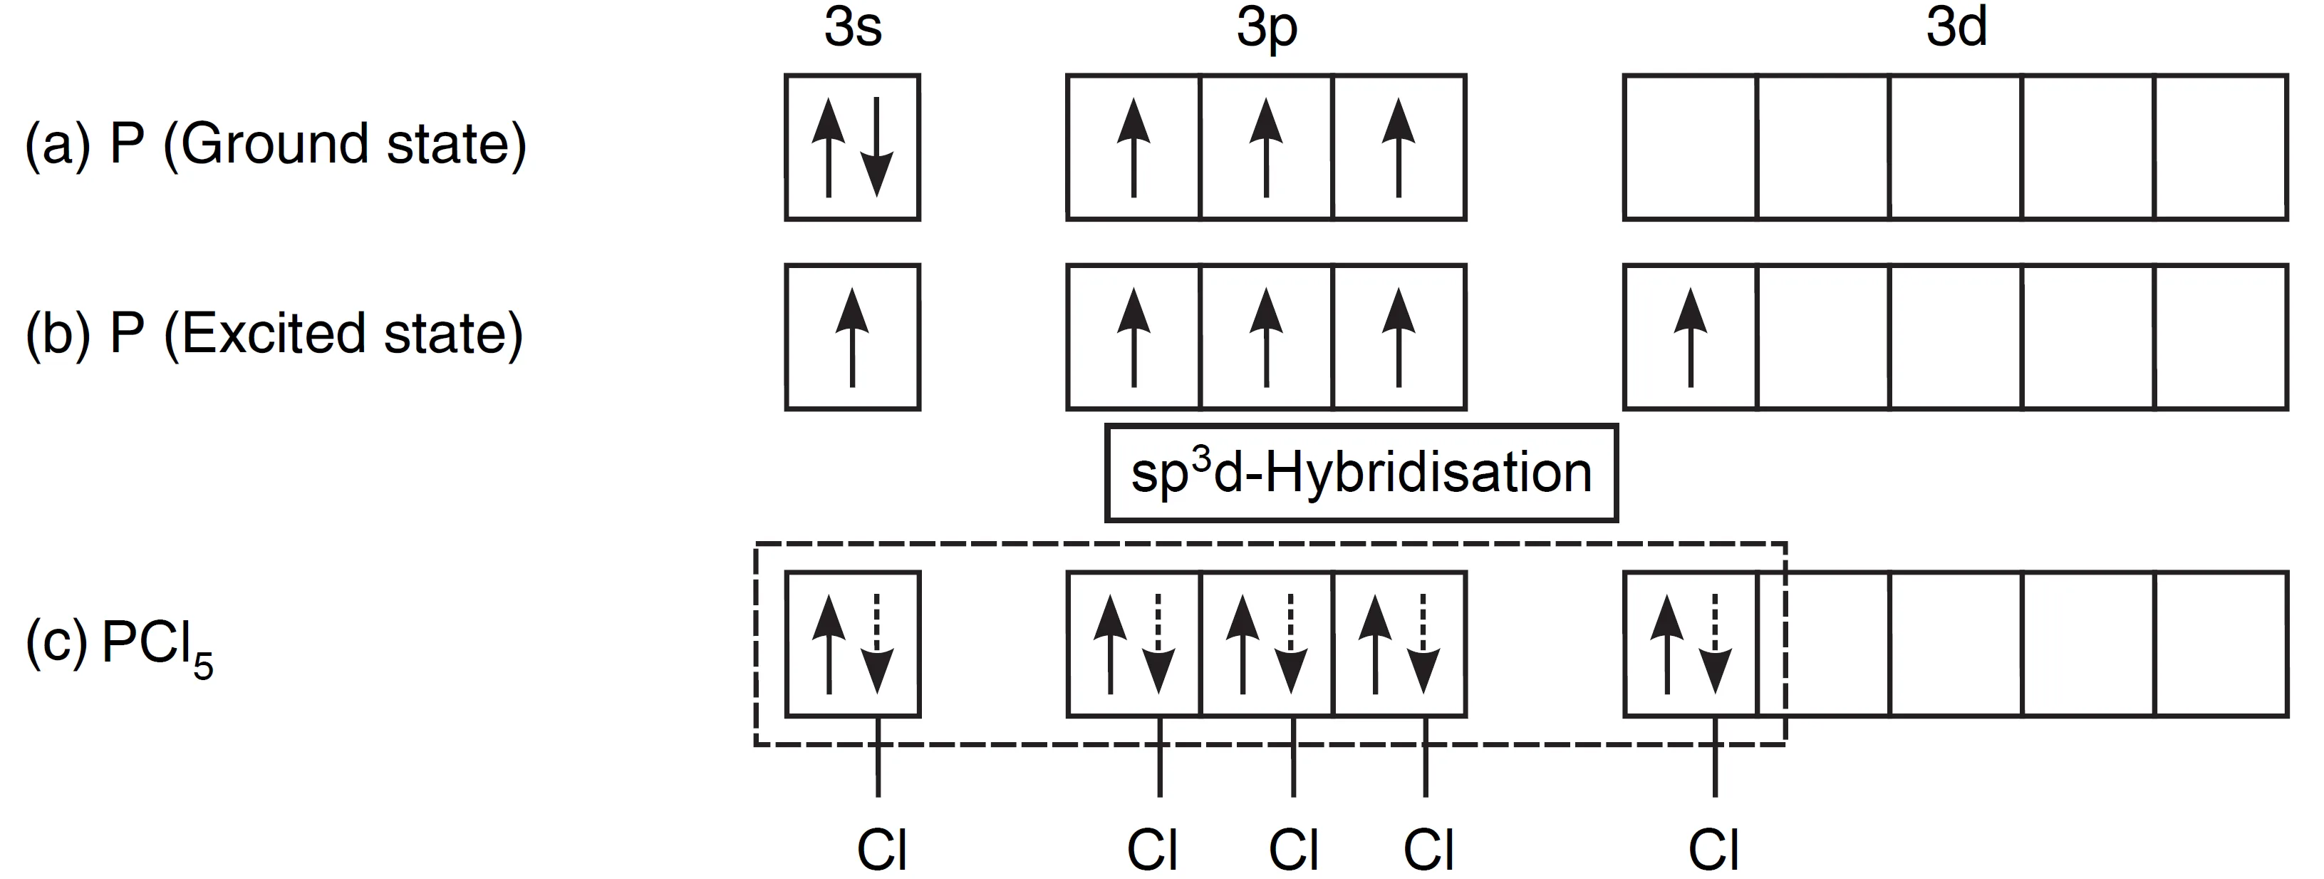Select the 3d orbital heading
click(x=1956, y=29)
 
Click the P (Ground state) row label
click(x=275, y=145)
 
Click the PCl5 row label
click(x=119, y=646)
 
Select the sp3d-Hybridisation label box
click(x=1361, y=473)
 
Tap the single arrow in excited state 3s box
click(x=851, y=336)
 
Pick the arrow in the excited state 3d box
click(x=1690, y=336)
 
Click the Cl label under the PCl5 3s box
click(x=881, y=848)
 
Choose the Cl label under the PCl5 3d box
click(x=1713, y=848)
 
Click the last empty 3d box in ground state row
click(x=2221, y=147)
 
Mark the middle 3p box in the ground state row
click(x=1266, y=147)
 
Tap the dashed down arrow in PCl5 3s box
click(x=876, y=644)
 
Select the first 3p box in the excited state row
click(x=1133, y=336)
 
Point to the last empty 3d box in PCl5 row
click(x=2221, y=644)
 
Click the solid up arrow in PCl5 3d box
click(x=1666, y=644)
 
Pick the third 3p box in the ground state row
click(x=1399, y=147)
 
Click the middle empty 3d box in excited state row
click(x=1956, y=336)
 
